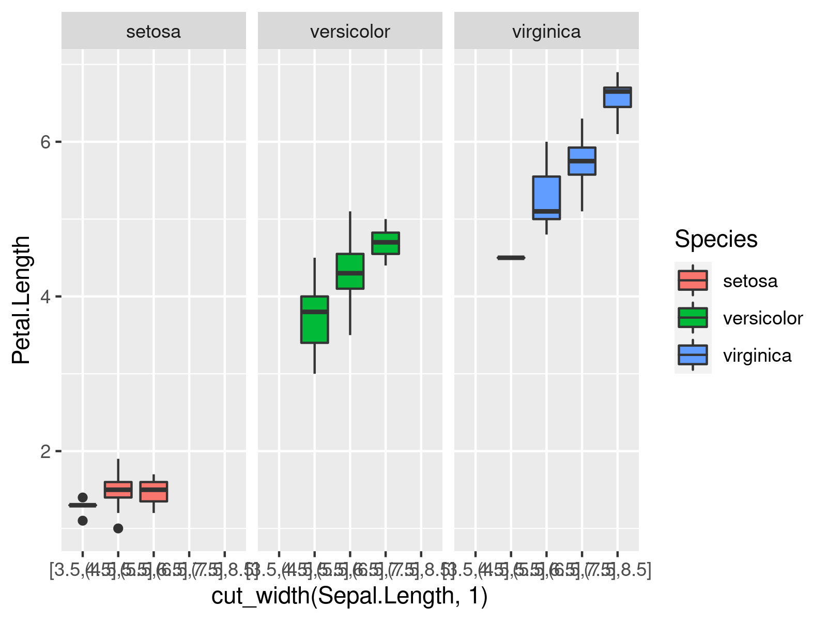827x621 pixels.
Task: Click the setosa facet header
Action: click(154, 32)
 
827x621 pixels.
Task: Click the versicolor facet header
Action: click(350, 32)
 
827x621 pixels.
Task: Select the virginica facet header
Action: click(546, 32)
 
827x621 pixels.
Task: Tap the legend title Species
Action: click(716, 239)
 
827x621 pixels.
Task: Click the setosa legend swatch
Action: click(693, 280)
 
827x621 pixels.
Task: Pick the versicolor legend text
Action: click(763, 318)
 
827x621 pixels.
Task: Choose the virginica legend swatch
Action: click(693, 355)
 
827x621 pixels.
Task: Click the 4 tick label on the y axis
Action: click(45, 297)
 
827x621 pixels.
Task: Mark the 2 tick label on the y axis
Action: click(45, 451)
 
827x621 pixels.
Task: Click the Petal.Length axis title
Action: click(22, 300)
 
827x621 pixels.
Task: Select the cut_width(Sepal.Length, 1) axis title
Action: click(349, 596)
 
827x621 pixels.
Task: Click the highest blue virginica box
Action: click(617, 97)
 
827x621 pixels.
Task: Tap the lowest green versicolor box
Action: click(315, 319)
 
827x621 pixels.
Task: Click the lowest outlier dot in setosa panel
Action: click(118, 528)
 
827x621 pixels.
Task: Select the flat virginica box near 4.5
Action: click(511, 258)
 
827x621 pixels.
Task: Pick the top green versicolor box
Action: click(386, 243)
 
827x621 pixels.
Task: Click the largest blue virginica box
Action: click(546, 198)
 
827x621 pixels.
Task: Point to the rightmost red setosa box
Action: click(154, 492)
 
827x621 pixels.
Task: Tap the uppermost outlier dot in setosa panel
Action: click(83, 498)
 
